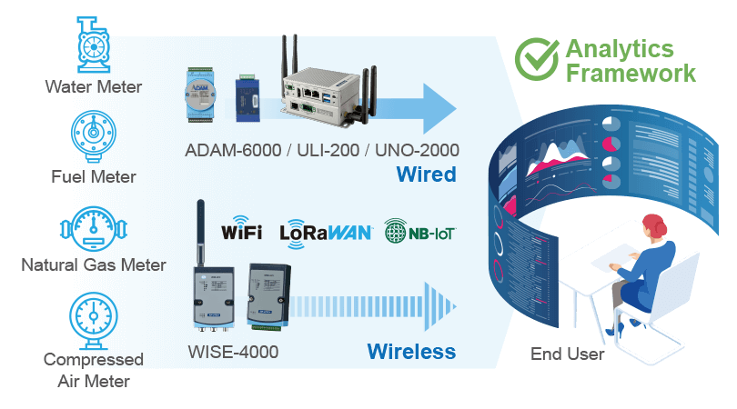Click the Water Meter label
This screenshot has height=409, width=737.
93,87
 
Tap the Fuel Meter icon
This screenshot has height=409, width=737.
93,135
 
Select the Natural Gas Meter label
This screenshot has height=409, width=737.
94,265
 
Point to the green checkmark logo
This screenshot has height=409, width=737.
536,59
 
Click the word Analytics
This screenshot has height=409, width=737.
620,48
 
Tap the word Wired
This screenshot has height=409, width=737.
425,175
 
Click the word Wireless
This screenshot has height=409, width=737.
410,351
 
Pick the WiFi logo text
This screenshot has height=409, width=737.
241,233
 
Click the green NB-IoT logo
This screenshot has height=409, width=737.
419,232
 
